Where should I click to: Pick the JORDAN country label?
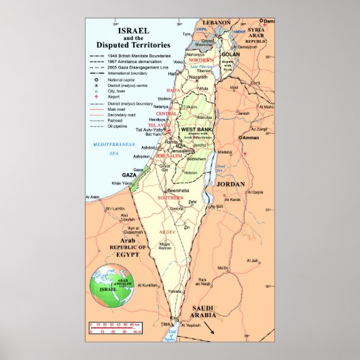point(232,184)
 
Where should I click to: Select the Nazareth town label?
point(198,77)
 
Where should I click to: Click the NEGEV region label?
point(167,231)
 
